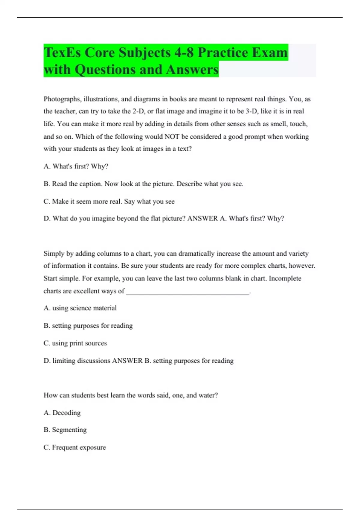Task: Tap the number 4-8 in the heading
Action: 184,52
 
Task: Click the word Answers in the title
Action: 192,70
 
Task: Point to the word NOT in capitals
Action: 172,137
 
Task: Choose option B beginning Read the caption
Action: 143,184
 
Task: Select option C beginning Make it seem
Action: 109,201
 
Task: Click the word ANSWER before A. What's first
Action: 202,218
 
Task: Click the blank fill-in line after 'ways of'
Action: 187,292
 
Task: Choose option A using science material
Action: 80,308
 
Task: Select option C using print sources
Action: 75,343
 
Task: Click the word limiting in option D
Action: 64,361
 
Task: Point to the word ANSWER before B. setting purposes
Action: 127,361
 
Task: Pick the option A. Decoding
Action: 62,413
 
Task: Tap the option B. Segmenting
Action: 65,430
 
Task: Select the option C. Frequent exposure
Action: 75,447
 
